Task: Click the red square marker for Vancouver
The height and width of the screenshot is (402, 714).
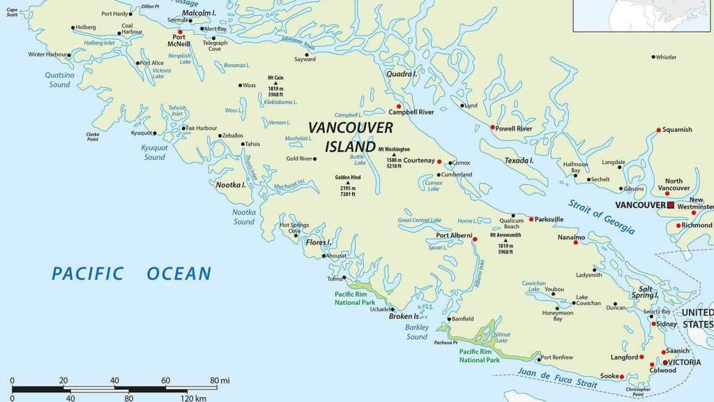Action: point(671,205)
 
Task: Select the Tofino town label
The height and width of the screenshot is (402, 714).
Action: point(335,279)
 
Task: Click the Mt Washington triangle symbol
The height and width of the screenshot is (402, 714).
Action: point(393,154)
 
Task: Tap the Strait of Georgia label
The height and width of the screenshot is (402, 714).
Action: point(600,216)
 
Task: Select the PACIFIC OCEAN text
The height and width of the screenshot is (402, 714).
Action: point(131,274)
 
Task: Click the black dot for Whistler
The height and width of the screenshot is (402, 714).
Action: point(653,57)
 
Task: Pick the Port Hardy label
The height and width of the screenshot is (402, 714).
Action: point(115,13)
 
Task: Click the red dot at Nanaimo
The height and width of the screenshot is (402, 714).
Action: point(576,242)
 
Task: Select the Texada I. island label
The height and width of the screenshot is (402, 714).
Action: point(519,161)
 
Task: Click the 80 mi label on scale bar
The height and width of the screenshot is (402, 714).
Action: point(208,380)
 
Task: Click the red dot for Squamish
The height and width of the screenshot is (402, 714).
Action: point(658,130)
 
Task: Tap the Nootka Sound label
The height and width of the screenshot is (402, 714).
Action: point(244,216)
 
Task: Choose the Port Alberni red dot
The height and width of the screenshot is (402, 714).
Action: point(475,239)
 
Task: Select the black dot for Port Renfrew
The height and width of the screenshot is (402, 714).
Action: point(538,359)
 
